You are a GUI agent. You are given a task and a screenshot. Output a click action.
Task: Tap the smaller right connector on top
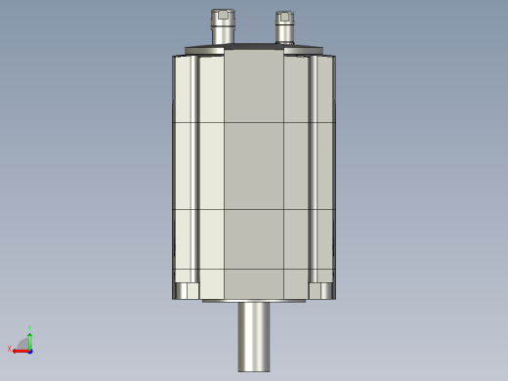pyautogui.click(x=284, y=30)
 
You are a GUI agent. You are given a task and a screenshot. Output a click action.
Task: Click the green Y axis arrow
pyautogui.click(x=30, y=338)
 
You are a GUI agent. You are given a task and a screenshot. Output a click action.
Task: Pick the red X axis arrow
pyautogui.click(x=20, y=350)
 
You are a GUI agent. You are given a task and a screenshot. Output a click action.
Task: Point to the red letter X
pyautogui.click(x=10, y=348)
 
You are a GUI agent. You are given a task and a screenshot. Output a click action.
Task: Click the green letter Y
pyautogui.click(x=30, y=328)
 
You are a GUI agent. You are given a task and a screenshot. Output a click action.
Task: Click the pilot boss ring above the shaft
pyautogui.click(x=254, y=301)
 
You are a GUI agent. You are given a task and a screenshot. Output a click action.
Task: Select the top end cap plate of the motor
pyautogui.click(x=254, y=50)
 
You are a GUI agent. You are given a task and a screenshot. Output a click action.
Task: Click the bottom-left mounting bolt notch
pyautogui.click(x=184, y=290)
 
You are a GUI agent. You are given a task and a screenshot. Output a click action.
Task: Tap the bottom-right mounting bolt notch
pyautogui.click(x=323, y=290)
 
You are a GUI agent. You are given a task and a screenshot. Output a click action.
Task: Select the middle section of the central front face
pyautogui.click(x=254, y=166)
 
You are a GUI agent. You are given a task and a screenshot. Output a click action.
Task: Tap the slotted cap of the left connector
pyautogui.click(x=221, y=16)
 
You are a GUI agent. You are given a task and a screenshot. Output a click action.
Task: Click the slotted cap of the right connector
pyautogui.click(x=284, y=17)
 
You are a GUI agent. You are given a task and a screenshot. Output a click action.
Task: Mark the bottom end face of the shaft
pyautogui.click(x=254, y=369)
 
